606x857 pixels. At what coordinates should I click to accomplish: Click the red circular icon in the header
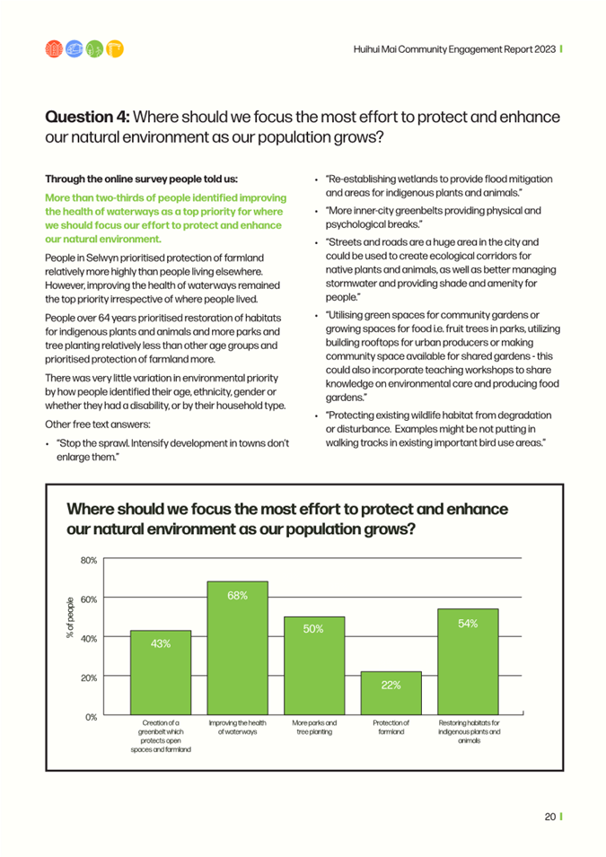coord(54,49)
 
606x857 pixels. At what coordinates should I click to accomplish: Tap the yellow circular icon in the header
coord(115,49)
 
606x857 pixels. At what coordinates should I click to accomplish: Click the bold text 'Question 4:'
coord(87,117)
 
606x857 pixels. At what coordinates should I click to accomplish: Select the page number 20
coord(550,817)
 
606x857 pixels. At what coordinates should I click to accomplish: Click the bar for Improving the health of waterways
coord(237,648)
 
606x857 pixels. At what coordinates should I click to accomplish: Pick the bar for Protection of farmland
coord(391,693)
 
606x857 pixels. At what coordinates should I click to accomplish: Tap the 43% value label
coord(161,643)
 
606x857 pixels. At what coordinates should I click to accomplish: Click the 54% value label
coord(468,624)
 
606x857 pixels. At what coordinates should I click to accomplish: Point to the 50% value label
coord(313,629)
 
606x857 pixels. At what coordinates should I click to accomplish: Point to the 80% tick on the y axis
coord(89,560)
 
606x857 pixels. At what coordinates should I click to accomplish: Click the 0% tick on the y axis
coord(92,716)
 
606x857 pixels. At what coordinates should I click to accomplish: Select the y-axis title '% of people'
coord(70,617)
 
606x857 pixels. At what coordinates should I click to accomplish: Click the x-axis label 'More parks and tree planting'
coord(314,727)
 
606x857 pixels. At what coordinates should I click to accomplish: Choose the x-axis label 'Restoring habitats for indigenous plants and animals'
coord(470,731)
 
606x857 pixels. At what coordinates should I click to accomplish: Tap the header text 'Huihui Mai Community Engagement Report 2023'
coord(454,49)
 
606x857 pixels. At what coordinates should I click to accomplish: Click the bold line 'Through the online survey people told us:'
coord(142,179)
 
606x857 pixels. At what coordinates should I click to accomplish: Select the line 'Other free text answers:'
coord(98,424)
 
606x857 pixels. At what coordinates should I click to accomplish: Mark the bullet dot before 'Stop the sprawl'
coord(48,444)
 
